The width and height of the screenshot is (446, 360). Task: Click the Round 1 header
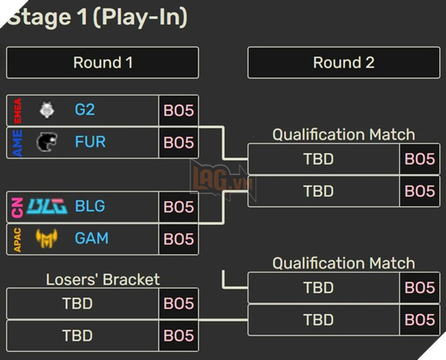tap(103, 62)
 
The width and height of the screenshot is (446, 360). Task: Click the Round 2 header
tap(343, 62)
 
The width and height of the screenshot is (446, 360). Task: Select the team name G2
tap(85, 110)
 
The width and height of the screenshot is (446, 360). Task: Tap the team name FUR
tap(90, 142)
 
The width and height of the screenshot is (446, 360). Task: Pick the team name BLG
tap(90, 206)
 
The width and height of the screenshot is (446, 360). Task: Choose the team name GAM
tap(91, 238)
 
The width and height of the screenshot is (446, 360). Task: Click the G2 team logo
tap(47, 110)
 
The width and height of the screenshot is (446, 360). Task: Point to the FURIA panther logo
tap(47, 142)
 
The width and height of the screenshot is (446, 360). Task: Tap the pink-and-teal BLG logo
tap(47, 206)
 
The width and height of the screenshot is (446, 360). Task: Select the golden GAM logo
tap(47, 238)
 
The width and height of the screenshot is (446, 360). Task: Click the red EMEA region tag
tap(18, 110)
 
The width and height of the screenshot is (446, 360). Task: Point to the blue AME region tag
tap(18, 142)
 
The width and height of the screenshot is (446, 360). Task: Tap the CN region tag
tap(18, 206)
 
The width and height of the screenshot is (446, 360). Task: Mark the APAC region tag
tap(18, 238)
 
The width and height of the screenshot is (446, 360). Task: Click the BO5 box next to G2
tap(178, 110)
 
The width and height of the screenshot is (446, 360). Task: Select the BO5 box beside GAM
tap(178, 239)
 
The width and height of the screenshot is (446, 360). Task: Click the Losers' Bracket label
tap(103, 279)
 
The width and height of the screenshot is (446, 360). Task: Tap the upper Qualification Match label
tap(343, 135)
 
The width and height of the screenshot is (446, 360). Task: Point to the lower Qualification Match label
tap(343, 264)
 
